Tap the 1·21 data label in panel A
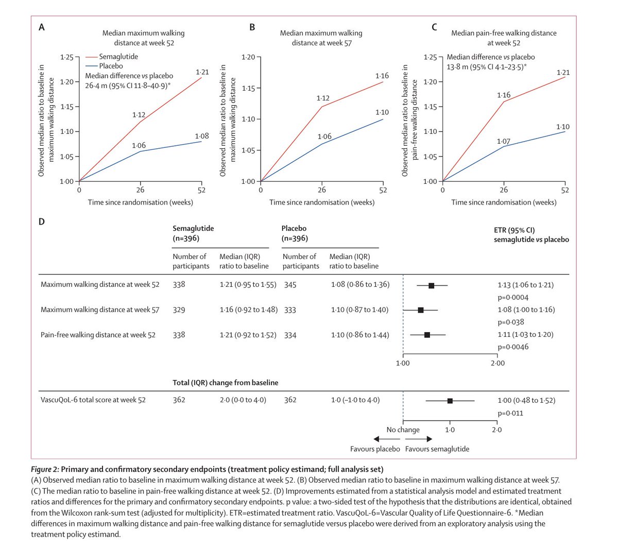[202, 72]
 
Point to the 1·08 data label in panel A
[202, 136]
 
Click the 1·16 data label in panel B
[382, 76]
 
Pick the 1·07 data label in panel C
[503, 141]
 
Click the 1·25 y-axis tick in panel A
[66, 57]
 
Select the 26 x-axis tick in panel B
[322, 190]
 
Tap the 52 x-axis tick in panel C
[565, 190]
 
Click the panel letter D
[42, 221]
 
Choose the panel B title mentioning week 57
[321, 38]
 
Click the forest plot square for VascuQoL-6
[450, 401]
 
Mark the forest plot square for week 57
[421, 310]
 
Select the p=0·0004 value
[513, 297]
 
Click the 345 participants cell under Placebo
[290, 284]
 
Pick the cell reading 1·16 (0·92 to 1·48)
[248, 310]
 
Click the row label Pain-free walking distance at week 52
[98, 335]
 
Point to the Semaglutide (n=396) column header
[193, 233]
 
